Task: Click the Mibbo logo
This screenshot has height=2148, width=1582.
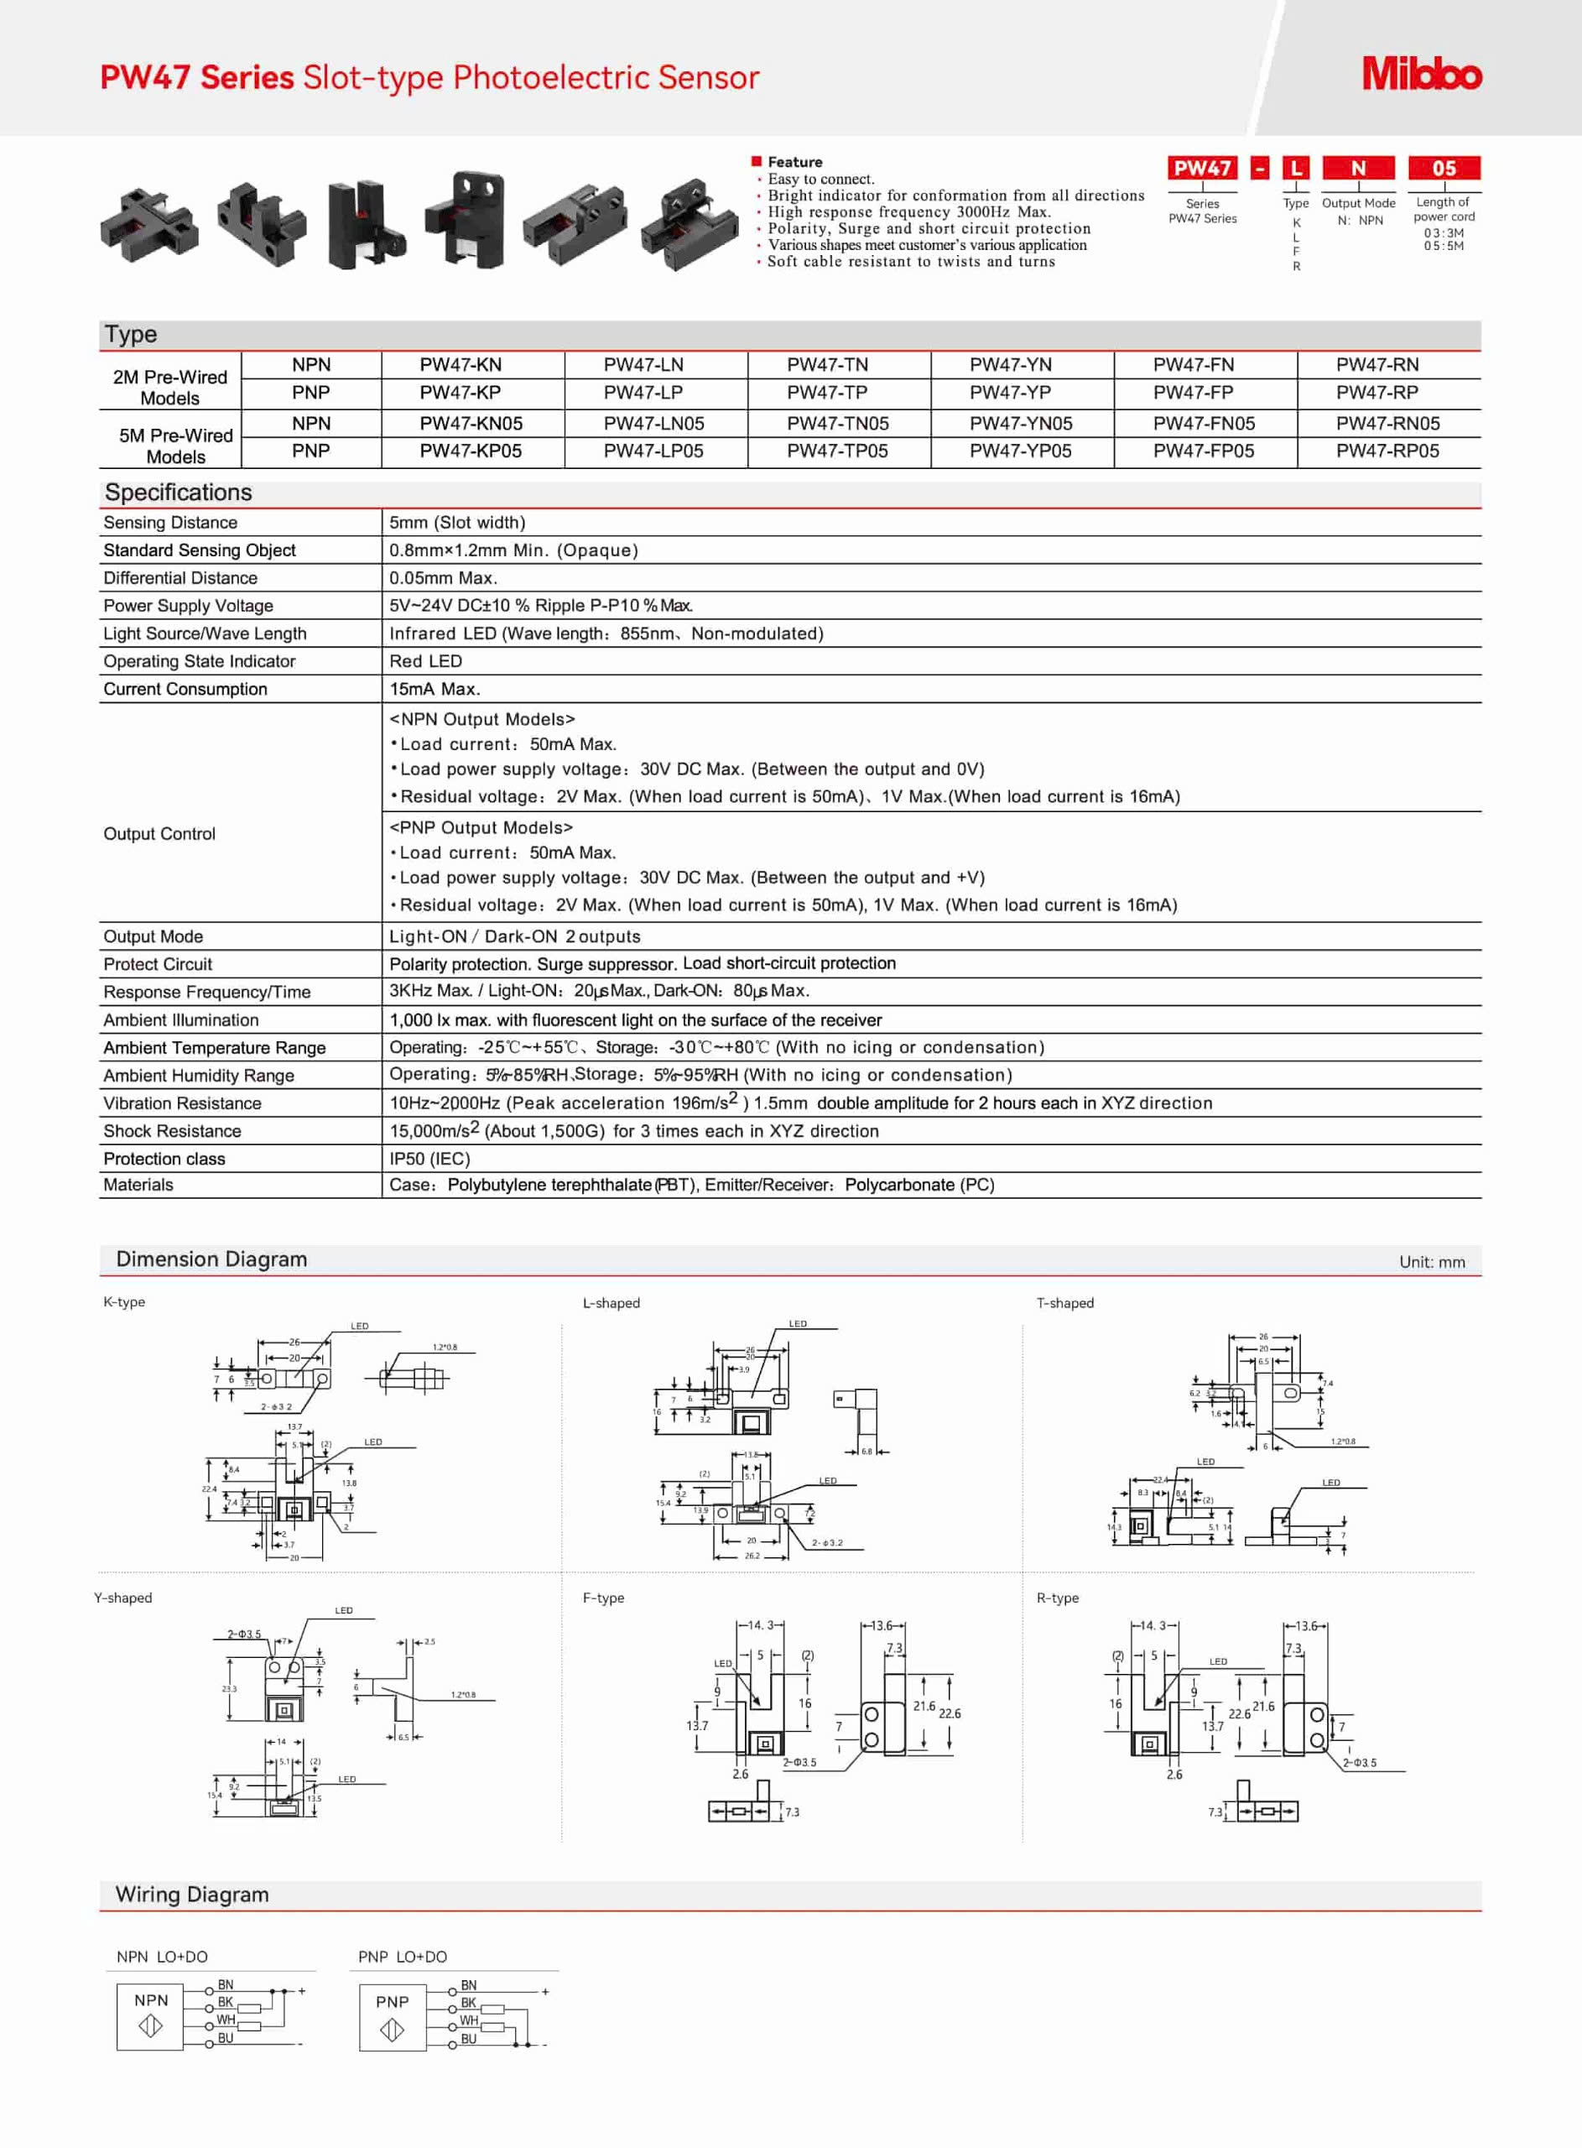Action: (1421, 74)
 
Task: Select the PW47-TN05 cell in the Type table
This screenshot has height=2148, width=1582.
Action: (837, 423)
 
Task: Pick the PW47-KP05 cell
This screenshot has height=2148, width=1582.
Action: (471, 451)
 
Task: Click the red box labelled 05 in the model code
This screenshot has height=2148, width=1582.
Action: (1443, 169)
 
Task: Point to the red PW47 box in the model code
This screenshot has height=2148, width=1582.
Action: (1202, 169)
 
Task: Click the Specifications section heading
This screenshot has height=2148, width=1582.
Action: (178, 493)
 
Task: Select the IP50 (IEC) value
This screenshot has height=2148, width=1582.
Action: (429, 1159)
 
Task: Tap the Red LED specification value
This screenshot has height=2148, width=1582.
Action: (425, 661)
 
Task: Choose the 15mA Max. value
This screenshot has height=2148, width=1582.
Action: (435, 689)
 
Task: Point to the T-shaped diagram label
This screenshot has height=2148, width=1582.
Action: (1064, 1302)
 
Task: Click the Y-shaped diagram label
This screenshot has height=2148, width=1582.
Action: (122, 1598)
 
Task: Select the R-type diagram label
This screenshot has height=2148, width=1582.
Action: (1057, 1598)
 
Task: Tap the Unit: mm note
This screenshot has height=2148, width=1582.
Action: (1431, 1262)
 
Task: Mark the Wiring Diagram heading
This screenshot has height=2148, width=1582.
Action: (191, 1895)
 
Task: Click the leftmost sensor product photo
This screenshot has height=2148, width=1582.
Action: (148, 225)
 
